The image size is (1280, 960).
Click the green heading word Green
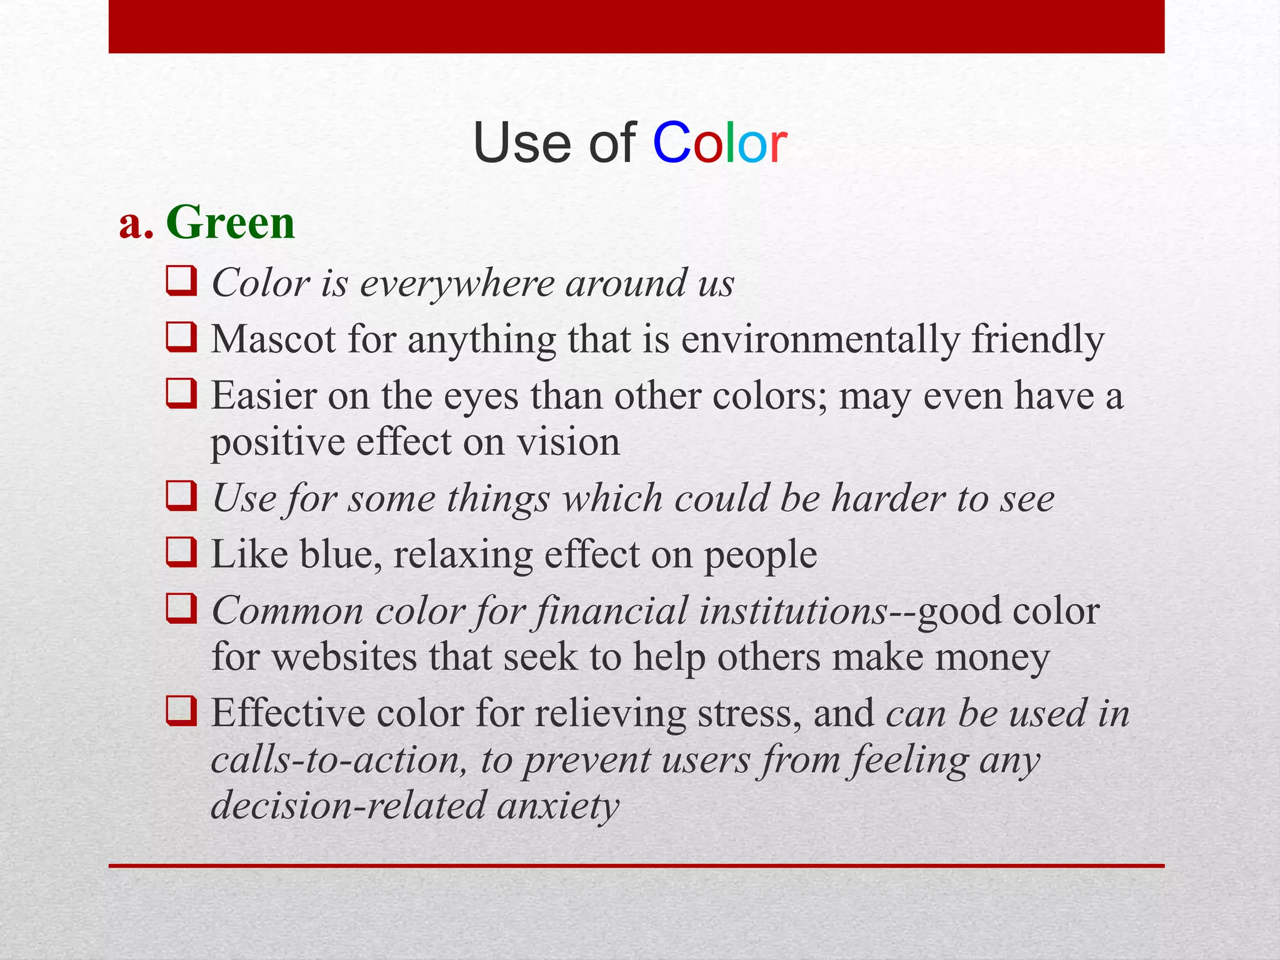tap(230, 223)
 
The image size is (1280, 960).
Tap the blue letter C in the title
tap(672, 144)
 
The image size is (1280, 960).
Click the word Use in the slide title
tap(522, 144)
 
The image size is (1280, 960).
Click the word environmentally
tap(819, 341)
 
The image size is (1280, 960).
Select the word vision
tap(568, 442)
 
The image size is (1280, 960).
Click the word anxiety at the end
tap(557, 806)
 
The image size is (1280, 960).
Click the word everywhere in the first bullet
tap(457, 284)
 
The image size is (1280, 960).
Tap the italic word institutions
tap(792, 611)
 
